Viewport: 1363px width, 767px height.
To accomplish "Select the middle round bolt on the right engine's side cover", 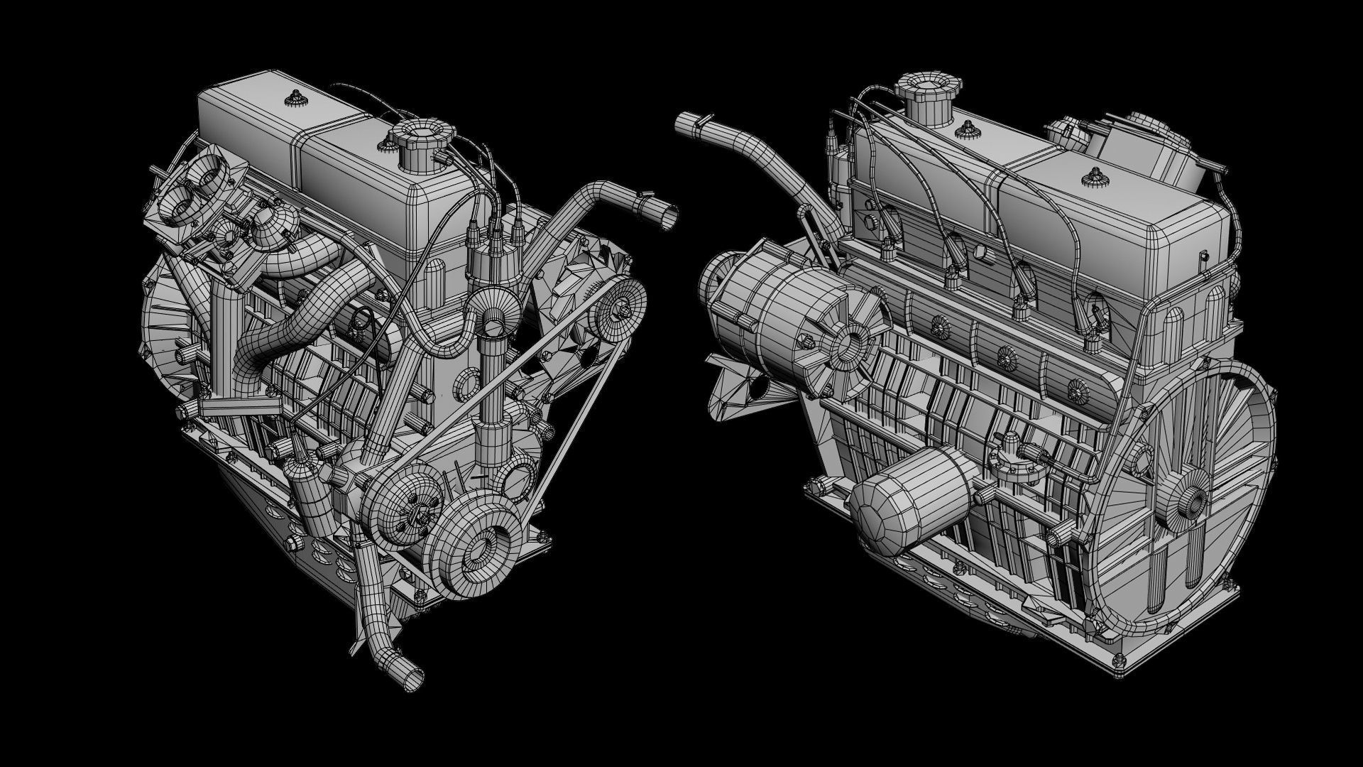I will [x=1004, y=352].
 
